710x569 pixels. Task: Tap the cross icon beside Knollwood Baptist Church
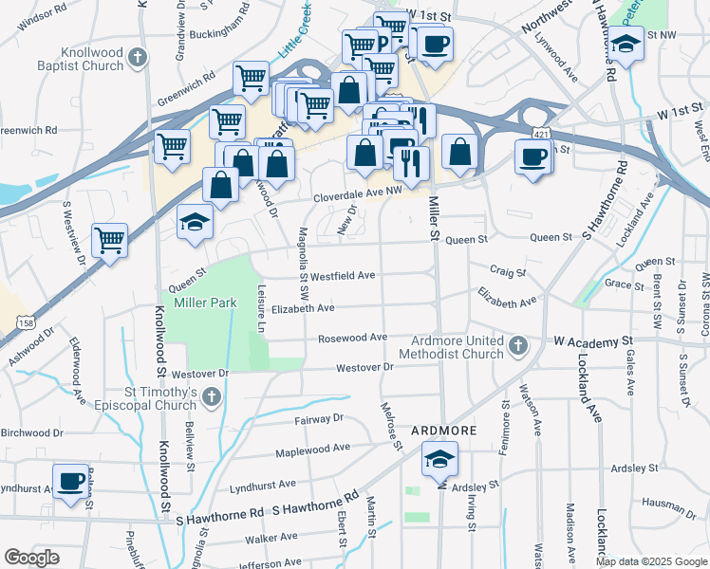click(x=139, y=59)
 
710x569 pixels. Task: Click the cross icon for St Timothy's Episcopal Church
click(x=212, y=395)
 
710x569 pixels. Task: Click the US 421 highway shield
click(x=538, y=136)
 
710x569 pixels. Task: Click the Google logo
click(x=32, y=558)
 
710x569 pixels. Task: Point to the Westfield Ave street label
click(x=342, y=276)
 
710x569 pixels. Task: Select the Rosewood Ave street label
click(x=353, y=338)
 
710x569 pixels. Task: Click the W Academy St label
click(x=592, y=340)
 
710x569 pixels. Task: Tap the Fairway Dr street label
click(x=319, y=417)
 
